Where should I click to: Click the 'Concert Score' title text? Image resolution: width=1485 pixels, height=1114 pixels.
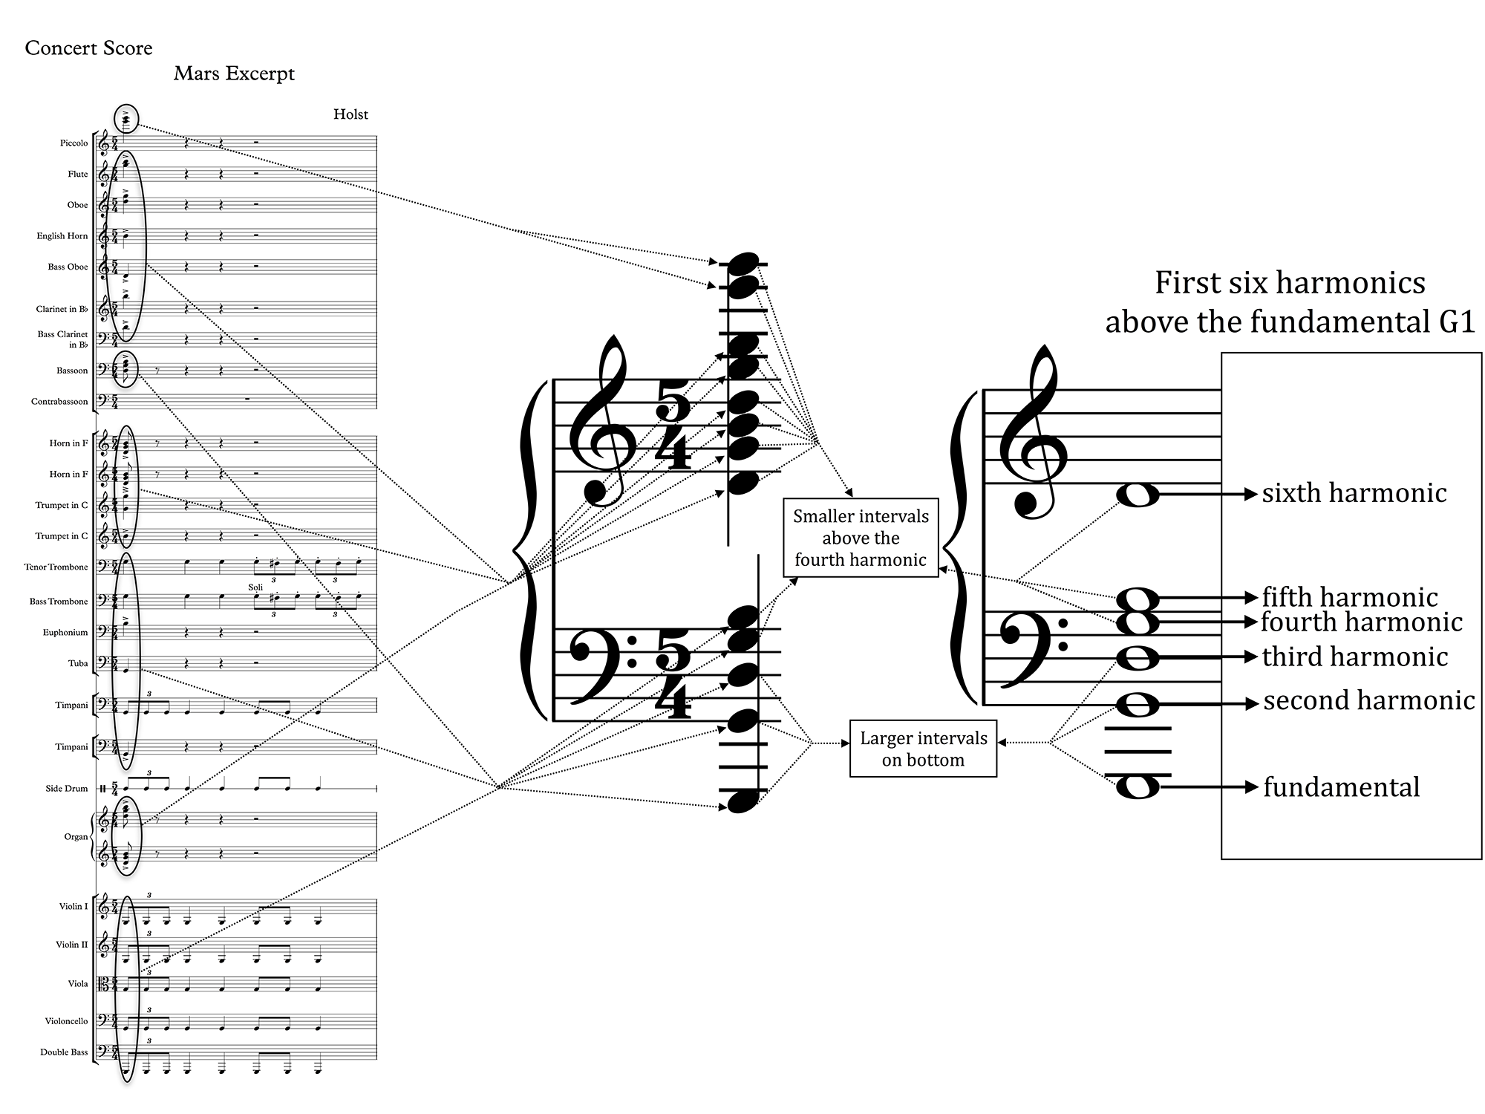click(88, 48)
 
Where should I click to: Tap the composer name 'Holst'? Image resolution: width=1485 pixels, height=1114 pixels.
click(350, 114)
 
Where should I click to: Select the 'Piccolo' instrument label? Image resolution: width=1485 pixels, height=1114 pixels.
click(74, 143)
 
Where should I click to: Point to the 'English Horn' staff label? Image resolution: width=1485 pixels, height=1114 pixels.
click(62, 236)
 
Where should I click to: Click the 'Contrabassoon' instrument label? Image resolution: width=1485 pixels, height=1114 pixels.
click(59, 402)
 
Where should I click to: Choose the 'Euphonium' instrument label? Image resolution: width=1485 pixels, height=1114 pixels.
click(65, 633)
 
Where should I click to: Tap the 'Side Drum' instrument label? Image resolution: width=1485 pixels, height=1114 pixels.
click(66, 789)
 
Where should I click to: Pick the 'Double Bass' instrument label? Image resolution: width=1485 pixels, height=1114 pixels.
click(64, 1052)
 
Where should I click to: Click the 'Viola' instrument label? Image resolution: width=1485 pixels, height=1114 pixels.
click(77, 984)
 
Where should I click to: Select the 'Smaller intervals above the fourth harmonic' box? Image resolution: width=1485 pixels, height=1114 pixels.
click(861, 538)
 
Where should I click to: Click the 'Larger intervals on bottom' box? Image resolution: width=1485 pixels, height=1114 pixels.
click(923, 749)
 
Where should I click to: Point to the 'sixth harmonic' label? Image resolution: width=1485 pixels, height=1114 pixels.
click(1354, 493)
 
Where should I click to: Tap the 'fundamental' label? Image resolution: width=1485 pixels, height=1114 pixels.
click(1341, 787)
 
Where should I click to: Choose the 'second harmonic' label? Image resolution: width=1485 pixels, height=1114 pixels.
click(1368, 701)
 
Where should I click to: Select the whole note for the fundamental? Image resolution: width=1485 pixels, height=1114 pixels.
click(1138, 786)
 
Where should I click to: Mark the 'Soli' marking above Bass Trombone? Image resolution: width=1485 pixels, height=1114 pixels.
click(255, 587)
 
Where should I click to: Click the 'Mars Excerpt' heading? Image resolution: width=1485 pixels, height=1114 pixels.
click(234, 74)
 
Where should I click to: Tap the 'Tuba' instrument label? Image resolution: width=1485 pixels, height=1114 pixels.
click(78, 664)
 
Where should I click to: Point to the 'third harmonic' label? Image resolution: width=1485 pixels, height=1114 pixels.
click(1354, 657)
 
